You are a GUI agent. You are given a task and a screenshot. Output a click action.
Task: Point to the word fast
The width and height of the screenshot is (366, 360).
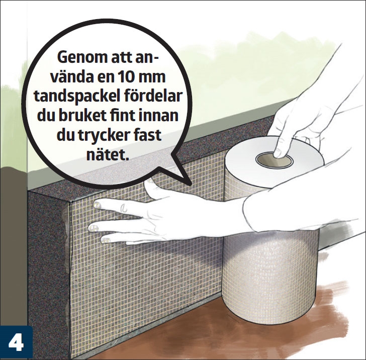(154, 135)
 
